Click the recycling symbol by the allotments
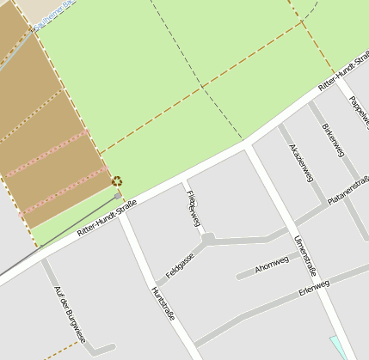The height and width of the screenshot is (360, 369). (116, 181)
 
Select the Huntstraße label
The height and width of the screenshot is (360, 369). (163, 302)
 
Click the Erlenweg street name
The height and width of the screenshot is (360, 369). (314, 286)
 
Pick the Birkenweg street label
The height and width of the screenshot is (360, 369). (333, 141)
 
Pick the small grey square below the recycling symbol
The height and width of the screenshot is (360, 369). (118, 196)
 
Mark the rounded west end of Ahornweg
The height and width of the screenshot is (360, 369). (240, 277)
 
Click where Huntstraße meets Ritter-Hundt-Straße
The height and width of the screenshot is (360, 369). (122, 212)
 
